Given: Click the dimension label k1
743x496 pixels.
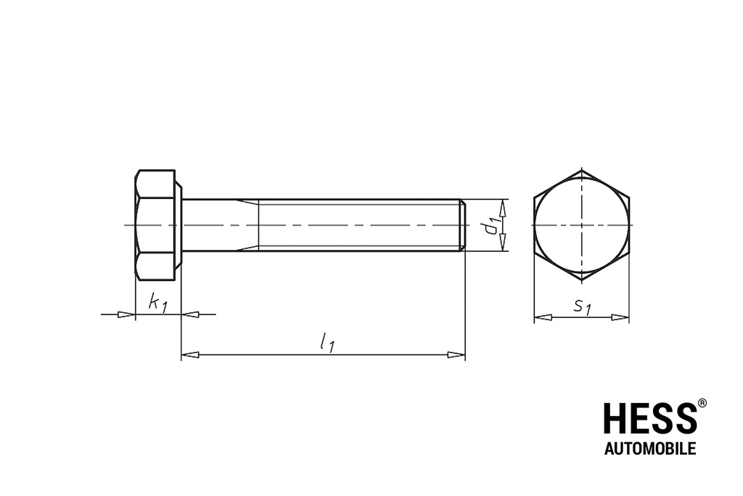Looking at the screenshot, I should pos(157,303).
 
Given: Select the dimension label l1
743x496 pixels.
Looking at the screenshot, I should pos(327,341).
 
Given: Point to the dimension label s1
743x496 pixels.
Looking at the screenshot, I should pos(582,307).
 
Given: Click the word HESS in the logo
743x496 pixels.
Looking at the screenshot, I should pos(649,419).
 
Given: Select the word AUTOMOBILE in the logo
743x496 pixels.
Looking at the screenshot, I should pos(650,449).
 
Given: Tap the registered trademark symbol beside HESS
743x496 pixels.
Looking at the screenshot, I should pos(702,402).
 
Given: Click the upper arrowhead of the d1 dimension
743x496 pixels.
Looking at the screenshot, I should pos(502,207).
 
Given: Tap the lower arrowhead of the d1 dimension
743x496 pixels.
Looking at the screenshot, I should pos(502,243).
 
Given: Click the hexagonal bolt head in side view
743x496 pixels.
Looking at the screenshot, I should pos(156,225).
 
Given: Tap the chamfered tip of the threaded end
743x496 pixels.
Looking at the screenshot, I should pos(461,225).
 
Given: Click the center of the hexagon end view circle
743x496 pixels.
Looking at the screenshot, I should pos(581,225).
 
